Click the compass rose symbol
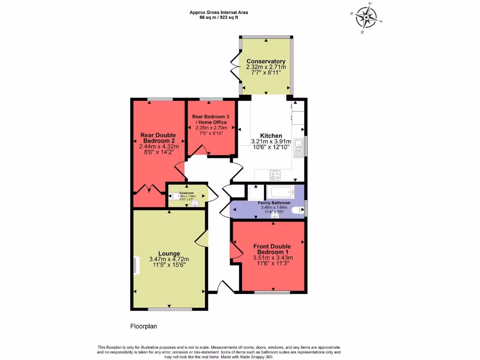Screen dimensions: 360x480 366,17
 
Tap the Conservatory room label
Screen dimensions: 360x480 266,61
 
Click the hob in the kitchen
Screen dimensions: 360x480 275,175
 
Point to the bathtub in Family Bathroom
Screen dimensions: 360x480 280,192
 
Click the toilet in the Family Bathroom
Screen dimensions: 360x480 297,210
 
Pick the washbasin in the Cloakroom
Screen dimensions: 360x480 195,203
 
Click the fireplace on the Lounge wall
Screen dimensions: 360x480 136,265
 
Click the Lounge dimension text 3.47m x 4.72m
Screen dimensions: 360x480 169,259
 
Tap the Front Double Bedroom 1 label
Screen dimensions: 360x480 272,249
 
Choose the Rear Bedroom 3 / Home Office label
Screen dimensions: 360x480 211,119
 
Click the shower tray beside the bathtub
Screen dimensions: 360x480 255,192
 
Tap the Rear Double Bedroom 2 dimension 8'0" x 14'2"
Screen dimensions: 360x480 158,152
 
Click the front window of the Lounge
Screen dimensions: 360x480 170,309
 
